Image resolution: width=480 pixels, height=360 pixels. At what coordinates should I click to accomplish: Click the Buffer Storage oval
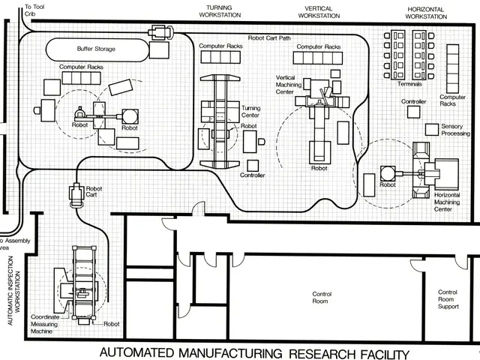[97, 49]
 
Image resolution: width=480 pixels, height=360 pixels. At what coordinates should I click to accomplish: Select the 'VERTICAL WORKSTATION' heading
[314, 11]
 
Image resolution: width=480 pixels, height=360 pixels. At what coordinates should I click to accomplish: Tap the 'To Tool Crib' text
[35, 10]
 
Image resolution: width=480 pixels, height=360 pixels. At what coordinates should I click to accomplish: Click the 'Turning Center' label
[251, 112]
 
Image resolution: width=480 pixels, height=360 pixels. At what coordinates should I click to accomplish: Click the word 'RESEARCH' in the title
[316, 352]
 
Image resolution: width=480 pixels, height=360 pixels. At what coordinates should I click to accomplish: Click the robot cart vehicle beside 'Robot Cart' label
[75, 196]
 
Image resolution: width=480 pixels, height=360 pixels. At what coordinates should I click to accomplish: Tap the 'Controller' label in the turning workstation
[253, 175]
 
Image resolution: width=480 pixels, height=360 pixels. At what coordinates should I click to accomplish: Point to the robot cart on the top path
[160, 31]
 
